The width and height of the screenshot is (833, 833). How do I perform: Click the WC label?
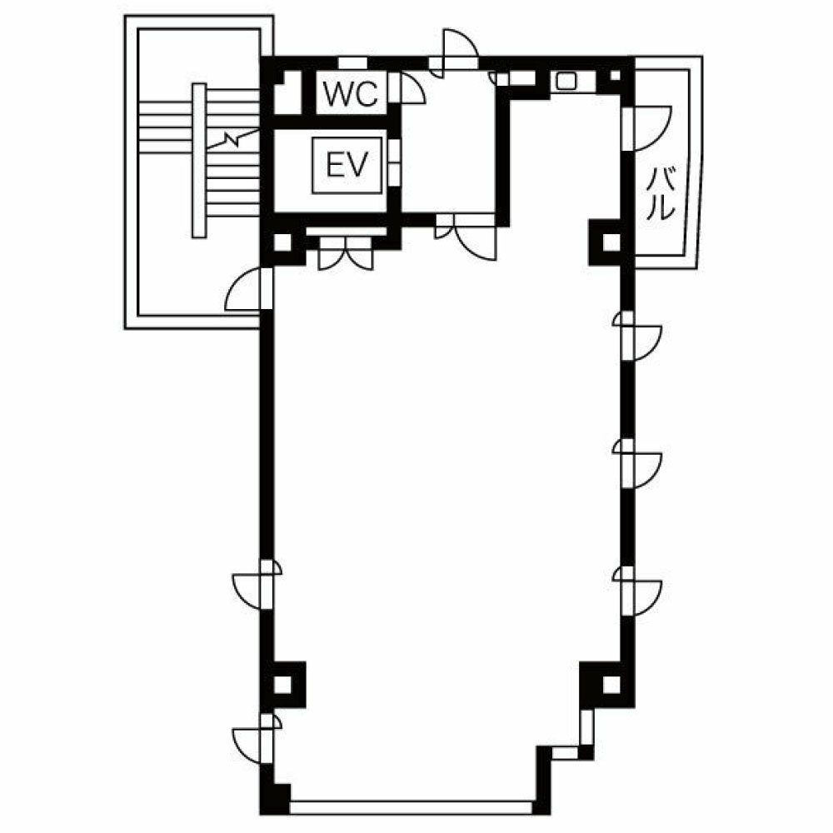pyautogui.click(x=351, y=94)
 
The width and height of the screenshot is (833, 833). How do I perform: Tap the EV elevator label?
pyautogui.click(x=347, y=164)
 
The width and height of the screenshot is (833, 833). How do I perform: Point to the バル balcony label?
pyautogui.click(x=661, y=193)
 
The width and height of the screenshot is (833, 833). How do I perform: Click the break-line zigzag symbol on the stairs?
pyautogui.click(x=232, y=140)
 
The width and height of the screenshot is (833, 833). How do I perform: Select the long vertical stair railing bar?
pyautogui.click(x=199, y=160)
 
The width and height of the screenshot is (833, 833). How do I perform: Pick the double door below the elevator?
pyautogui.click(x=346, y=253)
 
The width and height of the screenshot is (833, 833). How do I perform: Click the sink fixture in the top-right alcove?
pyautogui.click(x=566, y=82)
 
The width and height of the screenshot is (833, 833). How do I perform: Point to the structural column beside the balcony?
pyautogui.click(x=611, y=242)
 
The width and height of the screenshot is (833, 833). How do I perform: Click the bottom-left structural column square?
pyautogui.click(x=282, y=684)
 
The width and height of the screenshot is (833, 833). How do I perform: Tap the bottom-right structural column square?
pyautogui.click(x=611, y=684)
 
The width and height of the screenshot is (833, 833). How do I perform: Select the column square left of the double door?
pyautogui.click(x=282, y=242)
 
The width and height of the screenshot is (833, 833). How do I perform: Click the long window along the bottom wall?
pyautogui.click(x=412, y=807)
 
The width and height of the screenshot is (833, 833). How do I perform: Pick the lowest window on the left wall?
pyautogui.click(x=258, y=738)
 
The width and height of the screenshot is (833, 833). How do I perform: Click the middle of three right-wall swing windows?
pyautogui.click(x=636, y=463)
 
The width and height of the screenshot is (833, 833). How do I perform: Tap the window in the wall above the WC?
pyautogui.click(x=352, y=62)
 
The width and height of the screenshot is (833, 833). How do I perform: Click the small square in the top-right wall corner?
pyautogui.click(x=616, y=75)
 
